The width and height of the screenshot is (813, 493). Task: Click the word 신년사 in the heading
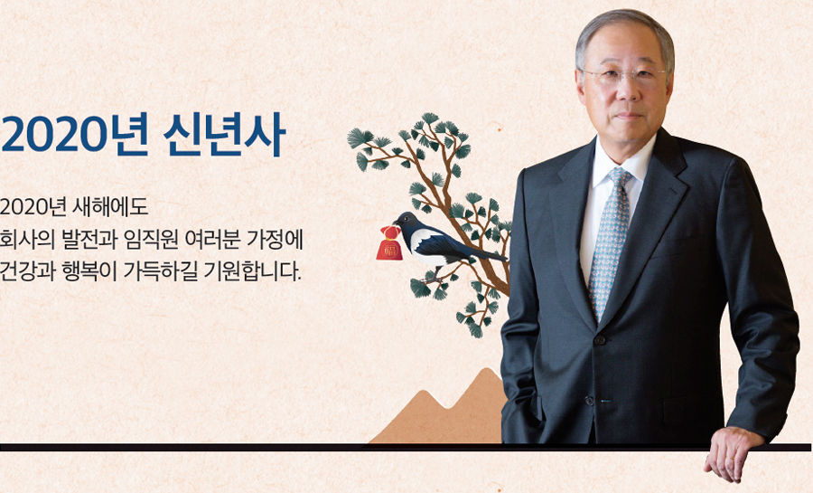224,135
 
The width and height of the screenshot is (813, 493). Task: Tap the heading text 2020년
75,135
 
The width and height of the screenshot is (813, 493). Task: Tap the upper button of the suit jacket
600,340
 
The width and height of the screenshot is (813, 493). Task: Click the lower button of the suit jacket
589,401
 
